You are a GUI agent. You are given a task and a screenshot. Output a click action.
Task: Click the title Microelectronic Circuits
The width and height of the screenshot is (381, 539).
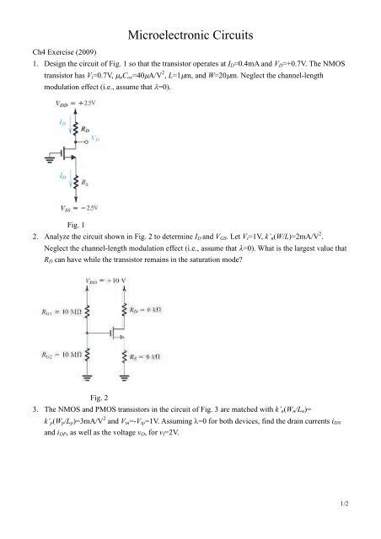click(190, 35)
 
